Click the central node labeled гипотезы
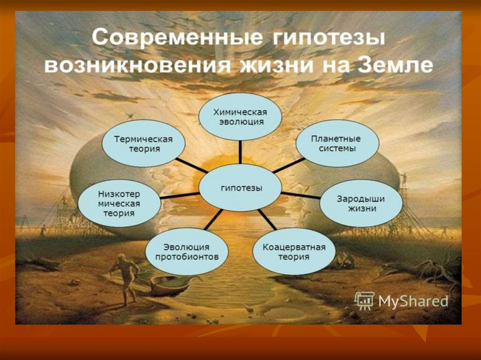point(240,188)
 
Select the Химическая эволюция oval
point(240,117)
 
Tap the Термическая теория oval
point(144,144)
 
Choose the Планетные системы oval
point(337,143)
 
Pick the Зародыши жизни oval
point(361,203)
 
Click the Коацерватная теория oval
point(294,252)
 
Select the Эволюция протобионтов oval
point(186,252)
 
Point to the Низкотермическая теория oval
point(119,203)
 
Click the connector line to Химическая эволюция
point(240,153)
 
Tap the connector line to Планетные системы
point(288,166)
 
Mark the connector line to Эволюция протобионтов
point(213,220)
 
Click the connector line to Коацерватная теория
point(267,220)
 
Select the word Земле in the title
point(395,65)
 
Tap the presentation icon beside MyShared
point(365,300)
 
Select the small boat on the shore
point(170,286)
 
